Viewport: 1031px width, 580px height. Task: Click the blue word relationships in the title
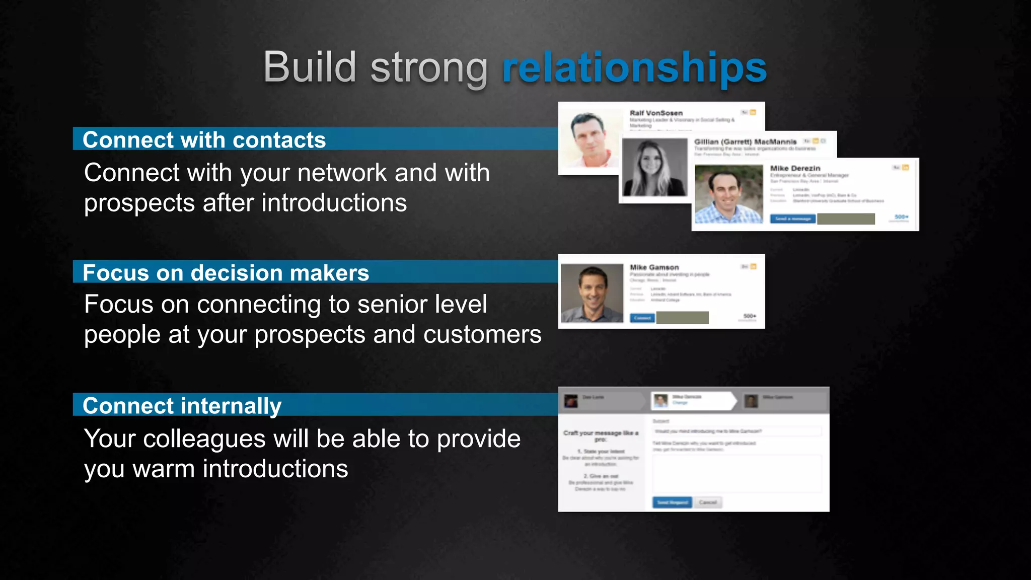click(x=634, y=68)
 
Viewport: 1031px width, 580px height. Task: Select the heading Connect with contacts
click(x=204, y=139)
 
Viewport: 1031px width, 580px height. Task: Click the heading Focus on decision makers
click(x=226, y=272)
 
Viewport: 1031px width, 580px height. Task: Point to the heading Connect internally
click(x=182, y=405)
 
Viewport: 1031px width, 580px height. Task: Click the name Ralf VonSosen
click(x=656, y=113)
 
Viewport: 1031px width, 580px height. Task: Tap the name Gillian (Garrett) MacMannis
click(x=745, y=141)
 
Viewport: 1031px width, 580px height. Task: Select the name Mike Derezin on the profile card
click(x=795, y=168)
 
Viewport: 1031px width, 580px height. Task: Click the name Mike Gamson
click(x=654, y=267)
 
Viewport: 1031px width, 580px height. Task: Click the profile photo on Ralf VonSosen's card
click(x=590, y=138)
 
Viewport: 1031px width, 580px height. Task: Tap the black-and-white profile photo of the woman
click(x=654, y=168)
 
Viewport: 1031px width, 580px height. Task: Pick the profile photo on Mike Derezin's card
click(x=728, y=194)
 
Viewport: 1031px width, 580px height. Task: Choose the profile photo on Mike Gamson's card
click(x=592, y=293)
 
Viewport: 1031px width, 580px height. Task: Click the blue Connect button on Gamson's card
click(x=642, y=318)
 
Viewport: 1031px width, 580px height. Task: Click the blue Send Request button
click(x=672, y=502)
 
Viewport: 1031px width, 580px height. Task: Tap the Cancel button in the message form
click(x=707, y=502)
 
